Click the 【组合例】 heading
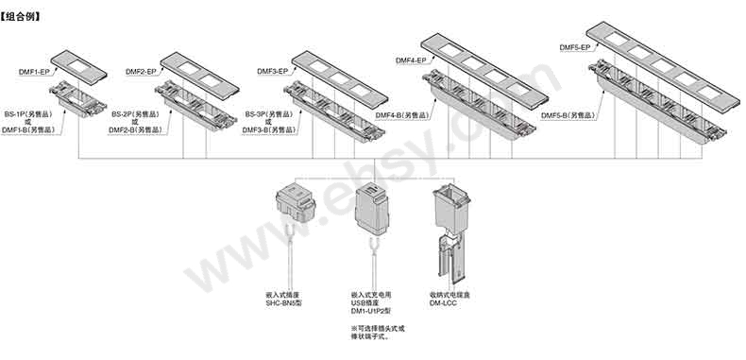20,17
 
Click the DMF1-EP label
34,72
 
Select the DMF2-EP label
141,72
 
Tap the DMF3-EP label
273,72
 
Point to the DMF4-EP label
411,60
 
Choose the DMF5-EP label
575,47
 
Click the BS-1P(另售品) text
28,114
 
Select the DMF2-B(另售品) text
136,130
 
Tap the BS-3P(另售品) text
269,114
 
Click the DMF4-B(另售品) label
402,115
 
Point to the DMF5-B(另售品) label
568,115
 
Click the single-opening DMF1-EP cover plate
78,67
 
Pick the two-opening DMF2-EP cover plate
200,76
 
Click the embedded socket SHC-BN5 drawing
296,203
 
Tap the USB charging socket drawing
372,209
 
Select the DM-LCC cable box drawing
451,232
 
